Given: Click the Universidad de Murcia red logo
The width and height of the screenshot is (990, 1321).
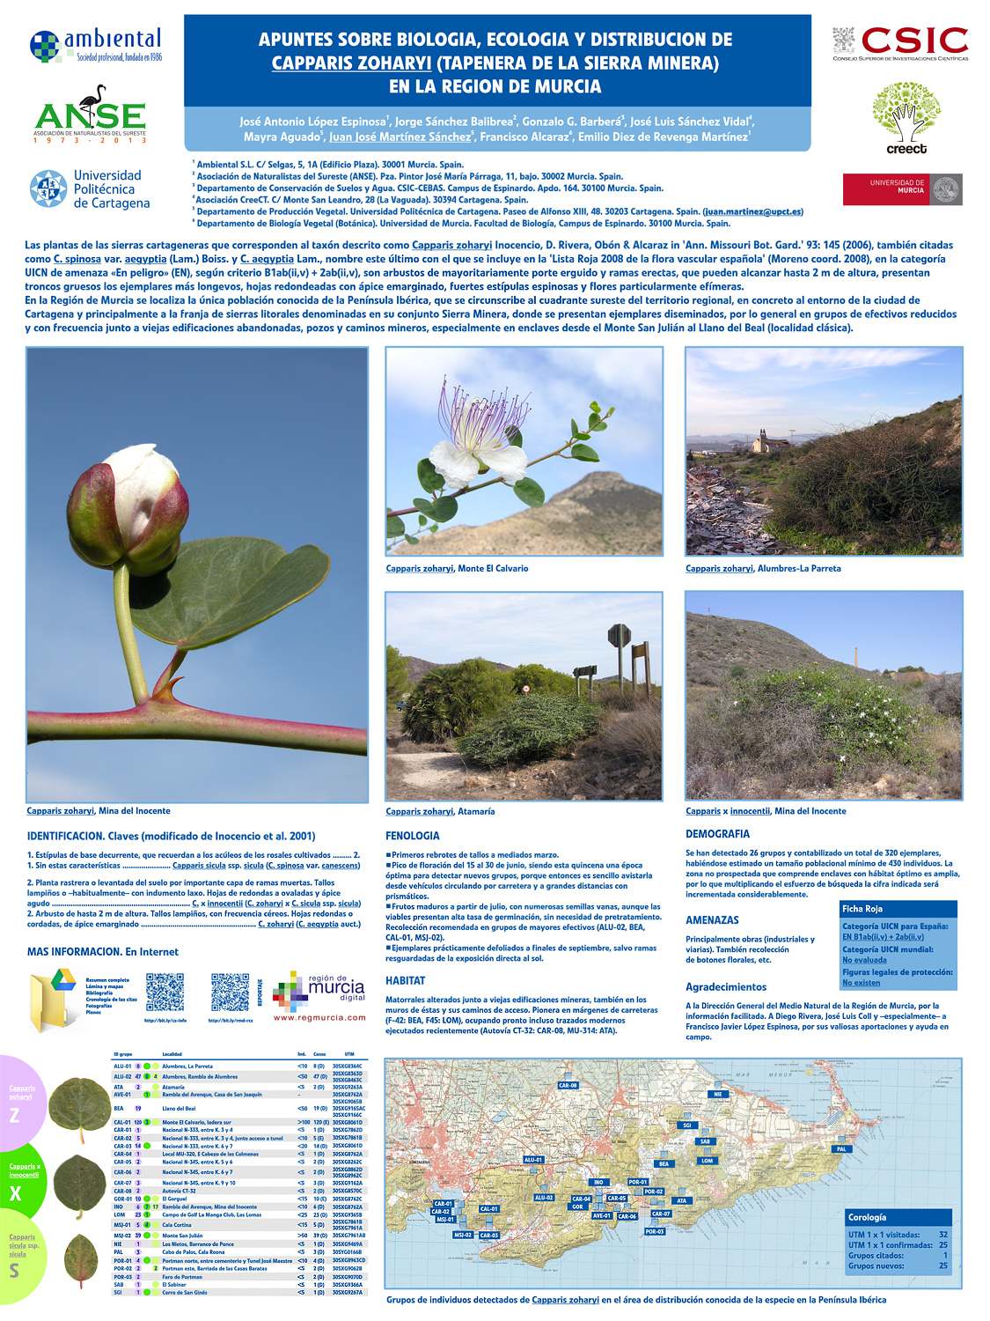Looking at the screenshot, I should pyautogui.click(x=902, y=189).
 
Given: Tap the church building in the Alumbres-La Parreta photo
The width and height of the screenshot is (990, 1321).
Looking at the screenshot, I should pyautogui.click(x=759, y=440).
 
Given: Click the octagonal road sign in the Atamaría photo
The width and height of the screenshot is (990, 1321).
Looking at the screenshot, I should pyautogui.click(x=620, y=635).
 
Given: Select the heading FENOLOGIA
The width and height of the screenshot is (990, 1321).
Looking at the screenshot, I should pyautogui.click(x=412, y=836).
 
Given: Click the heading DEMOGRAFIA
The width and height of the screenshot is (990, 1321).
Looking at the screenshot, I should pyautogui.click(x=717, y=834).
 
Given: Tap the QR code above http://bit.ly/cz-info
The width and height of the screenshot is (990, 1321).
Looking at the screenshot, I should pyautogui.click(x=165, y=993).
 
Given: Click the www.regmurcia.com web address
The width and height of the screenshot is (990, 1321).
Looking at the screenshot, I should pyautogui.click(x=319, y=1017).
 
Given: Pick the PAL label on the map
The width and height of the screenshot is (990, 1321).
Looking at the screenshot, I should pyautogui.click(x=841, y=1149).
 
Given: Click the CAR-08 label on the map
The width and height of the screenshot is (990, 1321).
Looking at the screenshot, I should pyautogui.click(x=568, y=1085).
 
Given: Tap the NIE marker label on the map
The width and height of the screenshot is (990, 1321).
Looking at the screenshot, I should pyautogui.click(x=718, y=1095).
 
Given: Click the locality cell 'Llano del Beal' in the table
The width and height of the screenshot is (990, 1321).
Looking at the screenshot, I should pyautogui.click(x=179, y=1109).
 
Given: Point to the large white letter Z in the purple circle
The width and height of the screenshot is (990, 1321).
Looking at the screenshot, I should pyautogui.click(x=14, y=1115).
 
